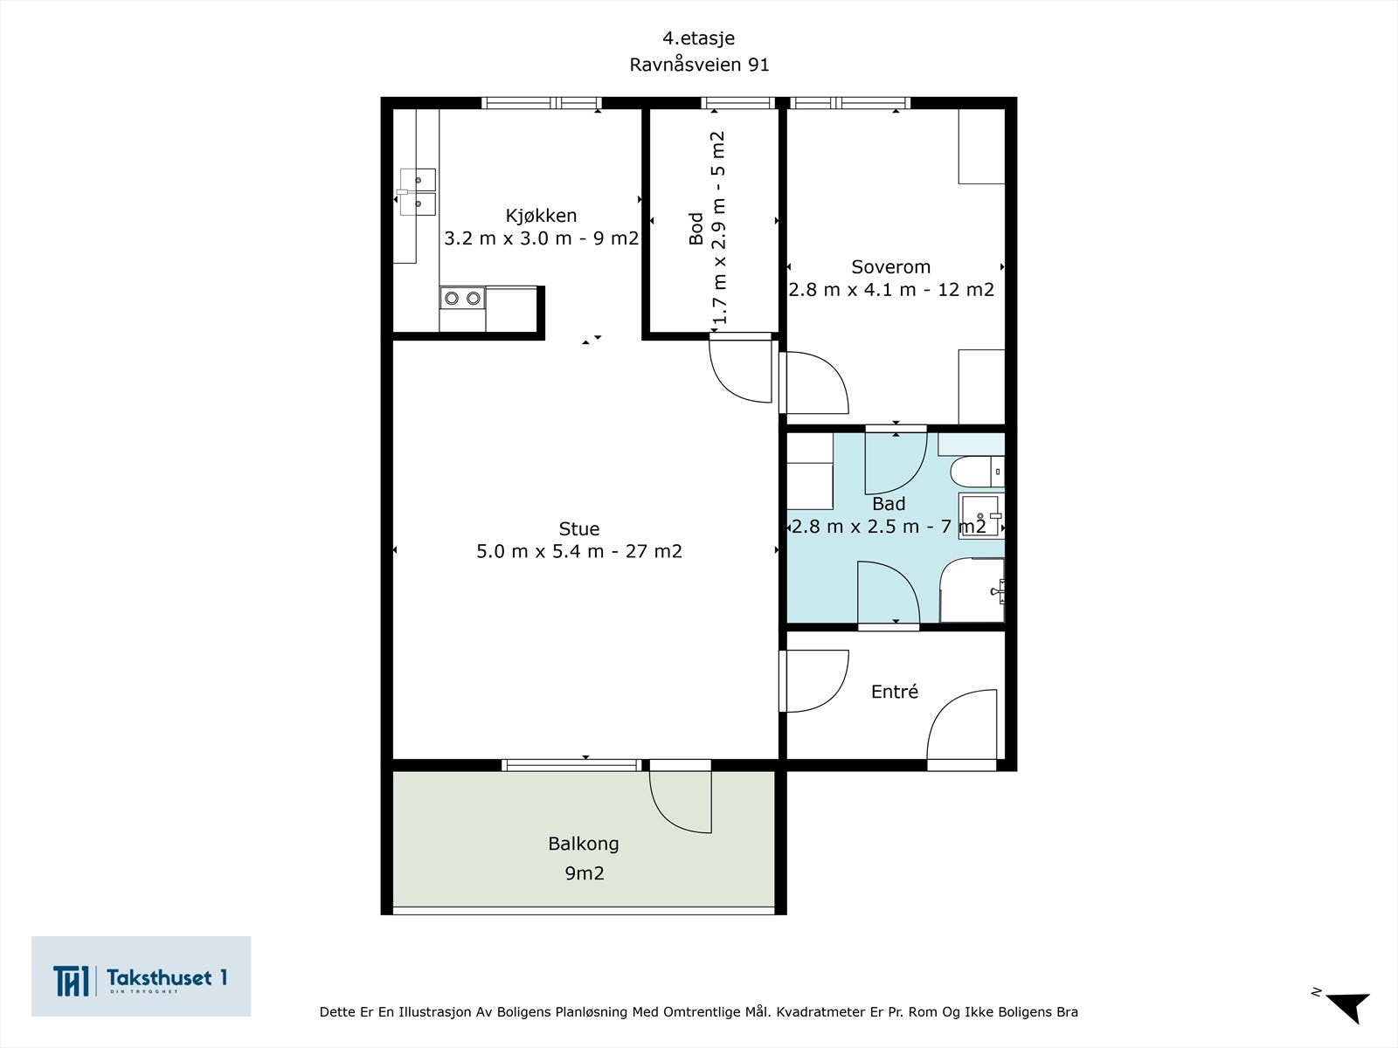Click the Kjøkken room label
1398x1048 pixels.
pyautogui.click(x=541, y=217)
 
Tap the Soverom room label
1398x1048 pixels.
pyautogui.click(x=890, y=266)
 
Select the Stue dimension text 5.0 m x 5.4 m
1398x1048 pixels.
pyautogui.click(x=540, y=551)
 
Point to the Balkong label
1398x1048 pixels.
pyautogui.click(x=584, y=845)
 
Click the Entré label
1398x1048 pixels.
pyautogui.click(x=894, y=691)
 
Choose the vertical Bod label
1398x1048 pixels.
pyautogui.click(x=696, y=229)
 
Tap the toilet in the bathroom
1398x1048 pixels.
pyautogui.click(x=977, y=472)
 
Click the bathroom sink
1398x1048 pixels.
pyautogui.click(x=981, y=515)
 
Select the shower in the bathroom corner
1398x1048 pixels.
pyautogui.click(x=972, y=589)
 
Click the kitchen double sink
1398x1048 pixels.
pyautogui.click(x=418, y=191)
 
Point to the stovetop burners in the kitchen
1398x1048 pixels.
pyautogui.click(x=462, y=298)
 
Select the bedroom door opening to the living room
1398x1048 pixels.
pyautogui.click(x=814, y=383)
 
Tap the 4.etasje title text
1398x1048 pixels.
pyautogui.click(x=699, y=38)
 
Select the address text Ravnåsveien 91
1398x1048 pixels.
pyautogui.click(x=699, y=65)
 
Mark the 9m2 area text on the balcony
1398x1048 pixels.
pyautogui.click(x=584, y=873)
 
